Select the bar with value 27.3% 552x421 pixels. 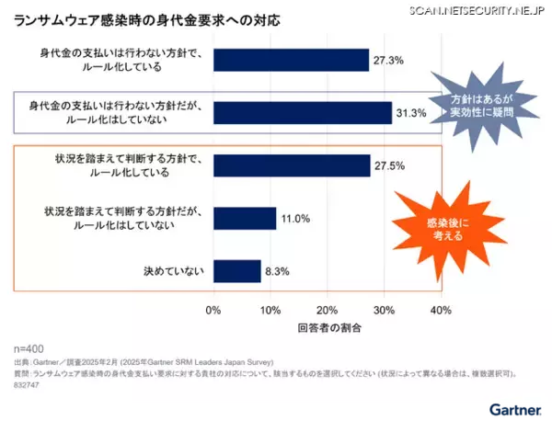pyautogui.click(x=291, y=60)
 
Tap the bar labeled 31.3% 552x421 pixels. pyautogui.click(x=302, y=112)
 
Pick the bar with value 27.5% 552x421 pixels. pyautogui.click(x=291, y=165)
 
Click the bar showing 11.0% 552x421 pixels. pyautogui.click(x=245, y=218)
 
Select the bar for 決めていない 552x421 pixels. pyautogui.click(x=236, y=271)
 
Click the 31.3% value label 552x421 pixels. pyautogui.click(x=412, y=113)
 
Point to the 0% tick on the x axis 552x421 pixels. pyautogui.click(x=213, y=309)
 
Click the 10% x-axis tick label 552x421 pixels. pyautogui.click(x=270, y=309)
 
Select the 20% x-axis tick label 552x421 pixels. pyautogui.click(x=328, y=309)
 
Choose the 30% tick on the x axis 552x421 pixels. pyautogui.click(x=384, y=309)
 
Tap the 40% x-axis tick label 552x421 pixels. pyautogui.click(x=441, y=309)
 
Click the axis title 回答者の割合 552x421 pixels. pyautogui.click(x=328, y=327)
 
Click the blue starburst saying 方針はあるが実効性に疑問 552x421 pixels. pyautogui.click(x=480, y=104)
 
